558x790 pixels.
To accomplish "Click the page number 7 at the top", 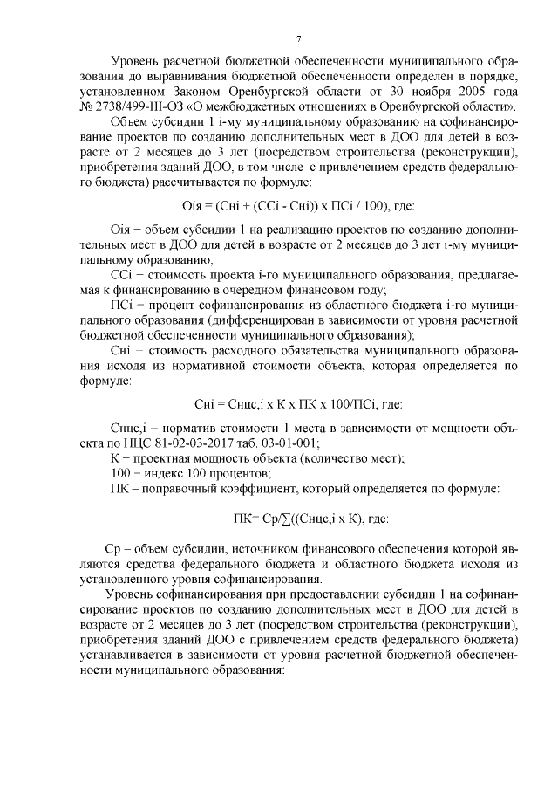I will click(297, 38).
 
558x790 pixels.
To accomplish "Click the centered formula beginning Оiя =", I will click(296, 206).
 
